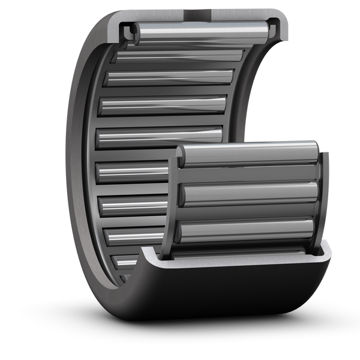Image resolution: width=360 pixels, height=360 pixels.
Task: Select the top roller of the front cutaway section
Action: point(249,154)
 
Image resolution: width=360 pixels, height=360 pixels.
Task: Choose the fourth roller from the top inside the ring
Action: point(162,105)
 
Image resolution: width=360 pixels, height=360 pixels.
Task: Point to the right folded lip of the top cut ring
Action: point(275,27)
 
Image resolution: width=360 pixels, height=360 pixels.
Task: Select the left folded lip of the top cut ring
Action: point(128,31)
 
